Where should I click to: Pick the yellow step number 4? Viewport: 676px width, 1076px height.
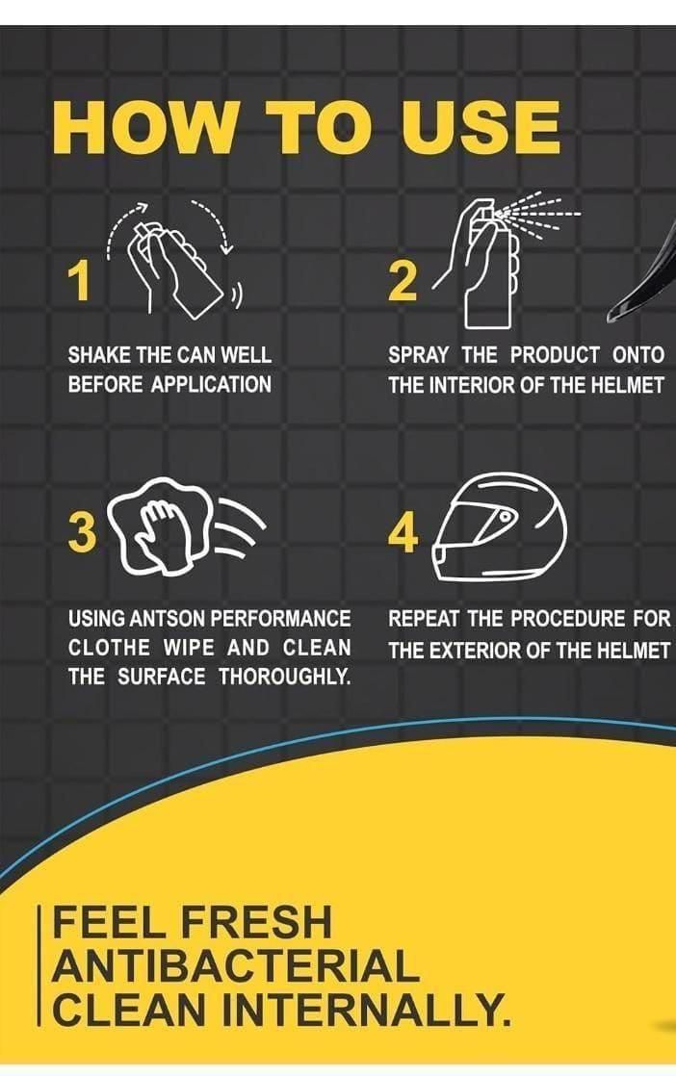403,534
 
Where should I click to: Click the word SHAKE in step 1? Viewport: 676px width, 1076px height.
96,355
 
